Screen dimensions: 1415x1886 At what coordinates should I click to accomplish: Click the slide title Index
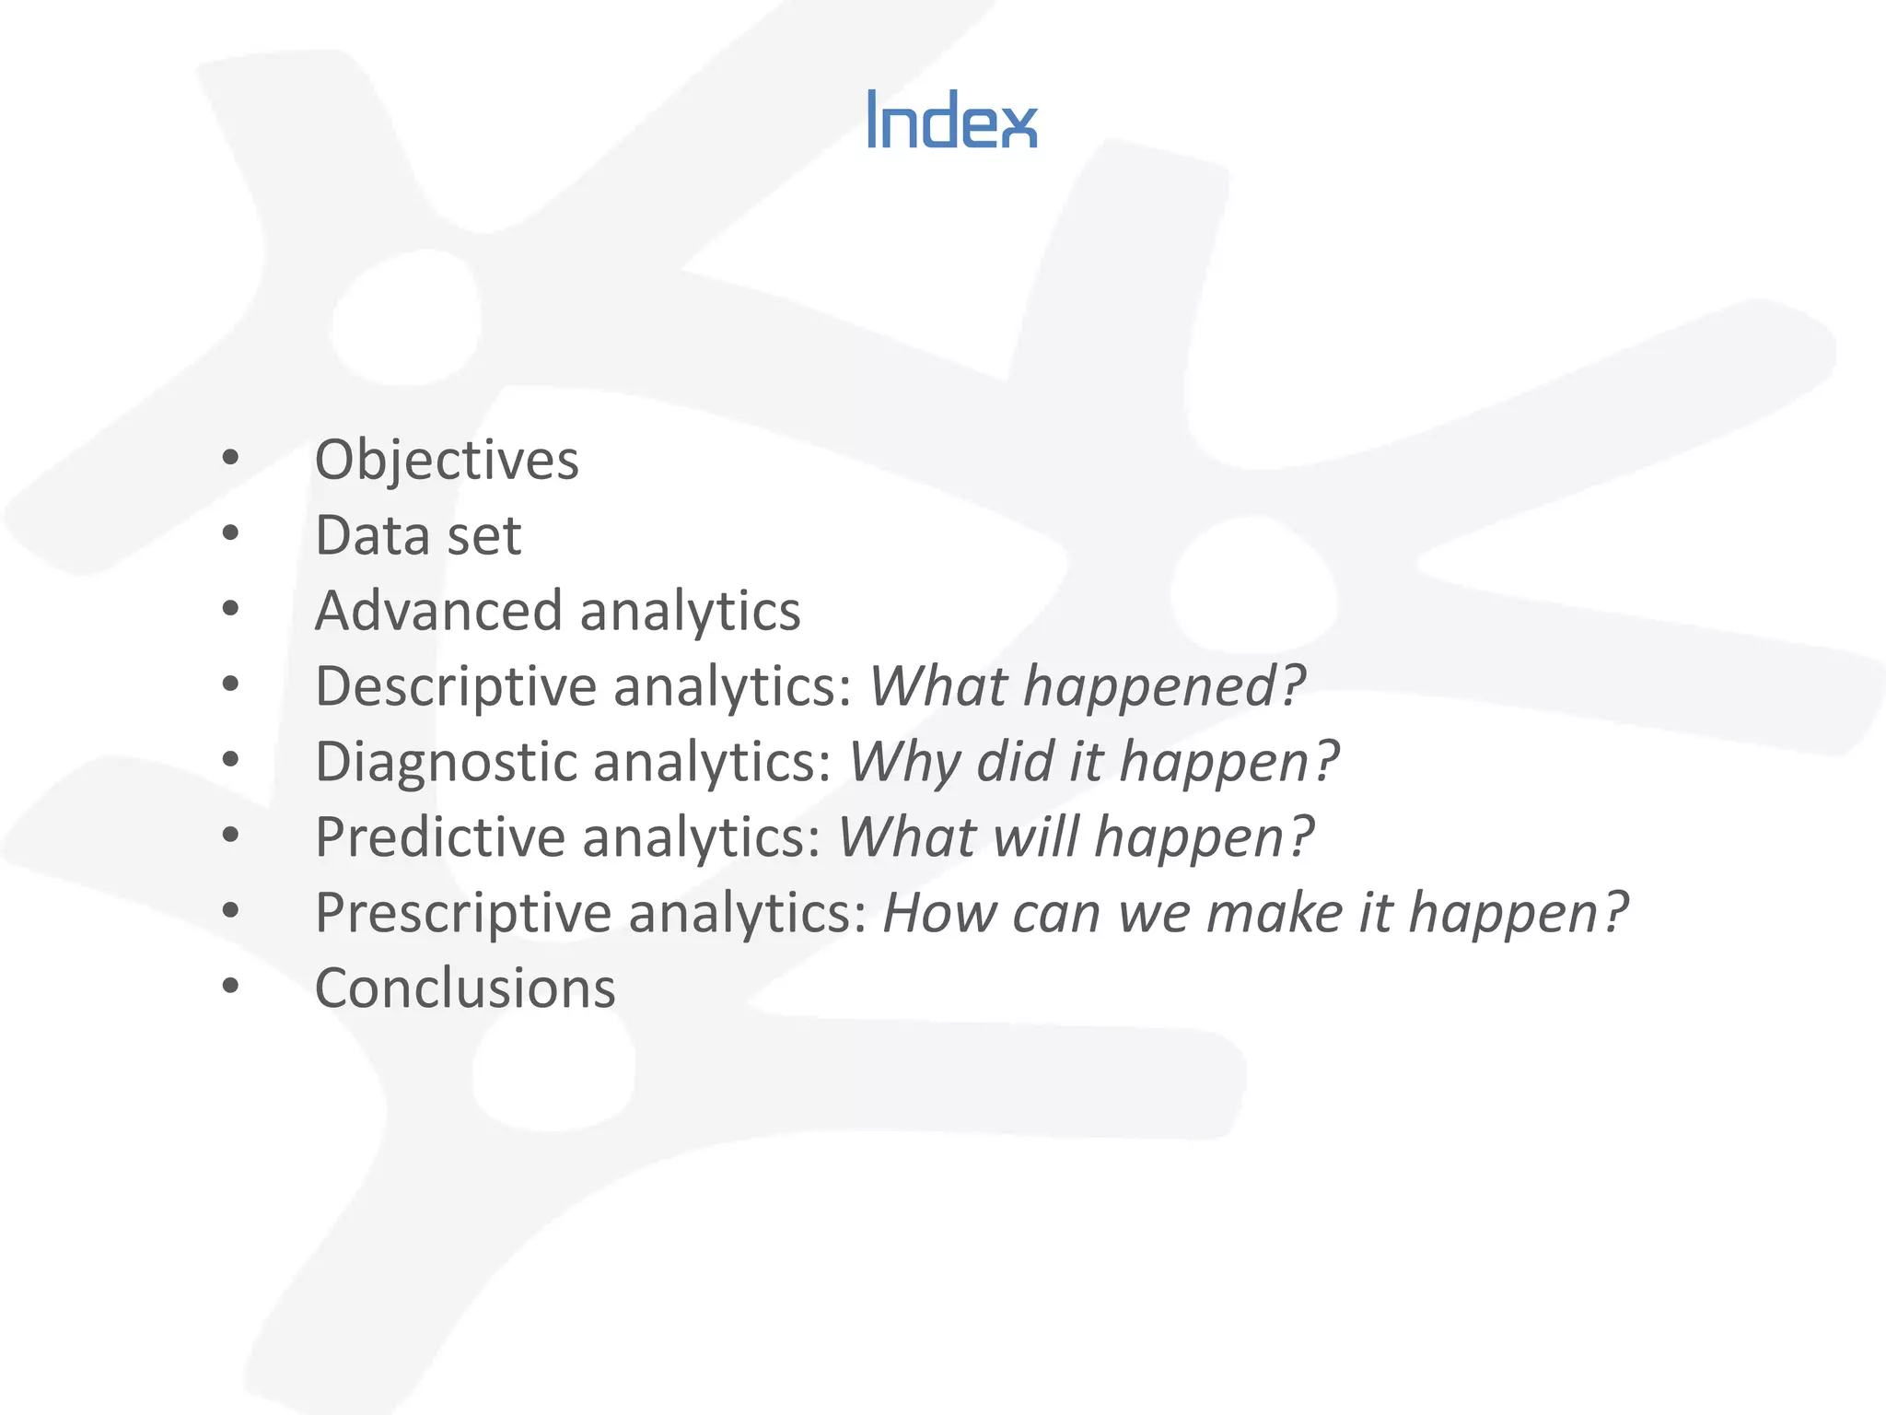pyautogui.click(x=952, y=120)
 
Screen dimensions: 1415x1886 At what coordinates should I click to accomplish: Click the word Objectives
pyautogui.click(x=447, y=460)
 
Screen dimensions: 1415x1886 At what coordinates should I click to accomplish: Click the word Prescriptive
pyautogui.click(x=463, y=914)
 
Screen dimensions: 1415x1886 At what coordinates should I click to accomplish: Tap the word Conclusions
pyautogui.click(x=465, y=988)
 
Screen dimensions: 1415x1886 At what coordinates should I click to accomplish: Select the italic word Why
pyautogui.click(x=904, y=763)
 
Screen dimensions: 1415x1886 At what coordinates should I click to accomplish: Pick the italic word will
pyautogui.click(x=1035, y=837)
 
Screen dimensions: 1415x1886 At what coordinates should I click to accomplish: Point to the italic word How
pyautogui.click(x=939, y=913)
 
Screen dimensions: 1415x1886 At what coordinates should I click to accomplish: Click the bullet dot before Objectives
pyautogui.click(x=230, y=457)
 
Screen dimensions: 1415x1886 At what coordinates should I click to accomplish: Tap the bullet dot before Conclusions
pyautogui.click(x=230, y=986)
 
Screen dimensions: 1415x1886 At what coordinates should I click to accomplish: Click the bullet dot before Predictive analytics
pyautogui.click(x=230, y=835)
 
